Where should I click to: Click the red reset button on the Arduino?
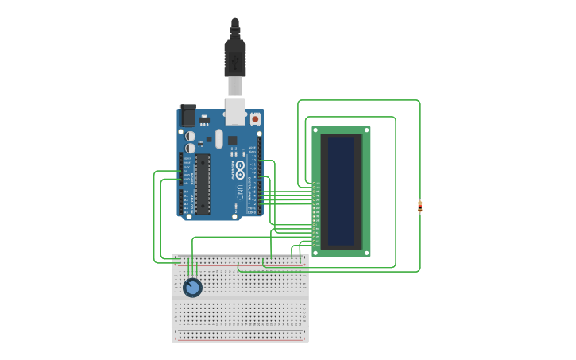point(255,119)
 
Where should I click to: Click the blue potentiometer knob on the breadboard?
point(192,288)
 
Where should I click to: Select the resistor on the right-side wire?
point(419,207)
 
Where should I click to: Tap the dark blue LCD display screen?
point(341,191)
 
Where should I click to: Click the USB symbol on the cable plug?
point(234,60)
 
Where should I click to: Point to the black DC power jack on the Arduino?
point(187,115)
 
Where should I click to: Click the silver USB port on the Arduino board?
point(234,111)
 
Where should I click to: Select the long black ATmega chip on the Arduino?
point(203,184)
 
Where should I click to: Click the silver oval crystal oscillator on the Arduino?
point(218,139)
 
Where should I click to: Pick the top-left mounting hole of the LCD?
point(315,130)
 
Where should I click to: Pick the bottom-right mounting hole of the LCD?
point(366,252)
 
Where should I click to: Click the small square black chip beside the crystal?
point(233,141)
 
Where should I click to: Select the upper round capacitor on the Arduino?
point(191,136)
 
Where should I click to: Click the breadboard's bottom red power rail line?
point(240,339)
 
